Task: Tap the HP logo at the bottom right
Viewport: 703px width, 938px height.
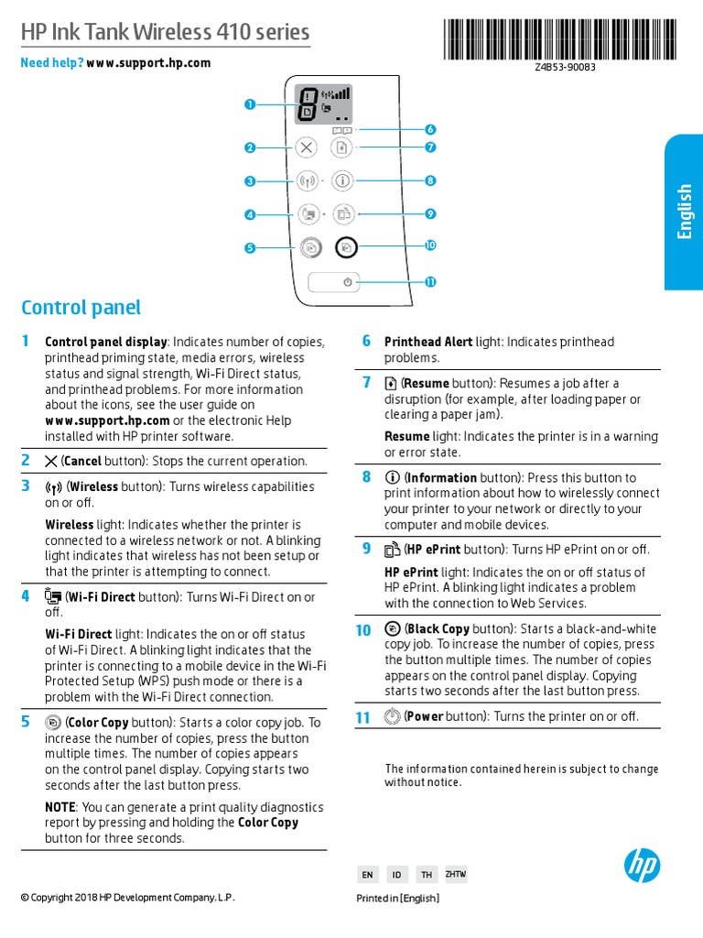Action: pos(642,865)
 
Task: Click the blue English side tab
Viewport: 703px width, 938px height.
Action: pos(683,212)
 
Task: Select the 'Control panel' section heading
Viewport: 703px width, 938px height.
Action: pos(81,308)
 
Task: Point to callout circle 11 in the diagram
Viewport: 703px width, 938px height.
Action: pos(430,282)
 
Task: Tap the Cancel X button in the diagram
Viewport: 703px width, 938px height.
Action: pos(306,147)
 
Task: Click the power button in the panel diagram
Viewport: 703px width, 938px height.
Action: pos(347,282)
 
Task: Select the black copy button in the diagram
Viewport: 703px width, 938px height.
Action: pos(345,246)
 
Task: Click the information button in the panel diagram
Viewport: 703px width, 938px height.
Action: pos(341,181)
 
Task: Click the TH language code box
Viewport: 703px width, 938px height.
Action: pos(426,875)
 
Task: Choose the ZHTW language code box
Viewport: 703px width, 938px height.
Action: pos(455,875)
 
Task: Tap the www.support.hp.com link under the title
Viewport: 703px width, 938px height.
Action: pos(148,63)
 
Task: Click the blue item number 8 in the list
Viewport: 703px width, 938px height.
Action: pos(367,476)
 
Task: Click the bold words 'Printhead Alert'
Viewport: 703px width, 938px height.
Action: pos(427,342)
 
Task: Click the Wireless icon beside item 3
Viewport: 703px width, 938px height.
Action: pos(53,487)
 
